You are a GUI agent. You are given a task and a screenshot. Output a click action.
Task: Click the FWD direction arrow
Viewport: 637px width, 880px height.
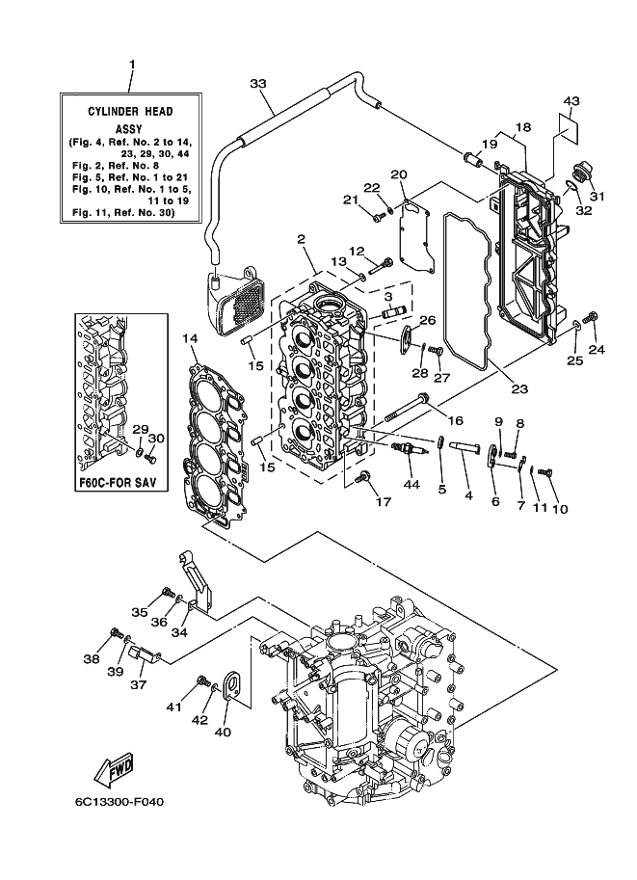(114, 768)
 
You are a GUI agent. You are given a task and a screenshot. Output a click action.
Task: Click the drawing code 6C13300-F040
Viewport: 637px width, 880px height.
(119, 802)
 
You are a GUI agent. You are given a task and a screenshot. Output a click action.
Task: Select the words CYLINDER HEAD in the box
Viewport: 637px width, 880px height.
(130, 111)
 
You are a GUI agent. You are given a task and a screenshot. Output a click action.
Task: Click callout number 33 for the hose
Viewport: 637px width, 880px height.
(257, 83)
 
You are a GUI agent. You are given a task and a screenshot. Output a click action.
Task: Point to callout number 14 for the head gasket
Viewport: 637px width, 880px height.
(190, 338)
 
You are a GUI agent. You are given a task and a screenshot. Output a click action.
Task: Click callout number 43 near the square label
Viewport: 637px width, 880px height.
(571, 101)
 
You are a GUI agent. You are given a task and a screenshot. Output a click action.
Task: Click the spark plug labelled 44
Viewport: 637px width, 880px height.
(411, 449)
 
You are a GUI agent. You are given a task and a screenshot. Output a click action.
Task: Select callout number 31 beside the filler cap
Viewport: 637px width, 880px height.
(597, 196)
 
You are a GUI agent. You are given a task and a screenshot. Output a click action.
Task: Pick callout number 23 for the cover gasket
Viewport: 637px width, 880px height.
(519, 387)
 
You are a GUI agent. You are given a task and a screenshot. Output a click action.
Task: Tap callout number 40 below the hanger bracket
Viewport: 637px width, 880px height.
(223, 732)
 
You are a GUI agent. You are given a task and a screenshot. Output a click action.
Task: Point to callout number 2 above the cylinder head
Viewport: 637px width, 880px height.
(302, 239)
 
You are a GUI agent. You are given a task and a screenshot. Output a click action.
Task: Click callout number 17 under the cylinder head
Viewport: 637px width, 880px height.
(384, 501)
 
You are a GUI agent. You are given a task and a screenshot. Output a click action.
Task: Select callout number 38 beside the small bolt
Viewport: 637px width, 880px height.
(92, 659)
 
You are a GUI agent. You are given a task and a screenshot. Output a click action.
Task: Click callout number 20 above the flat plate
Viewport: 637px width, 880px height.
(399, 174)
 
